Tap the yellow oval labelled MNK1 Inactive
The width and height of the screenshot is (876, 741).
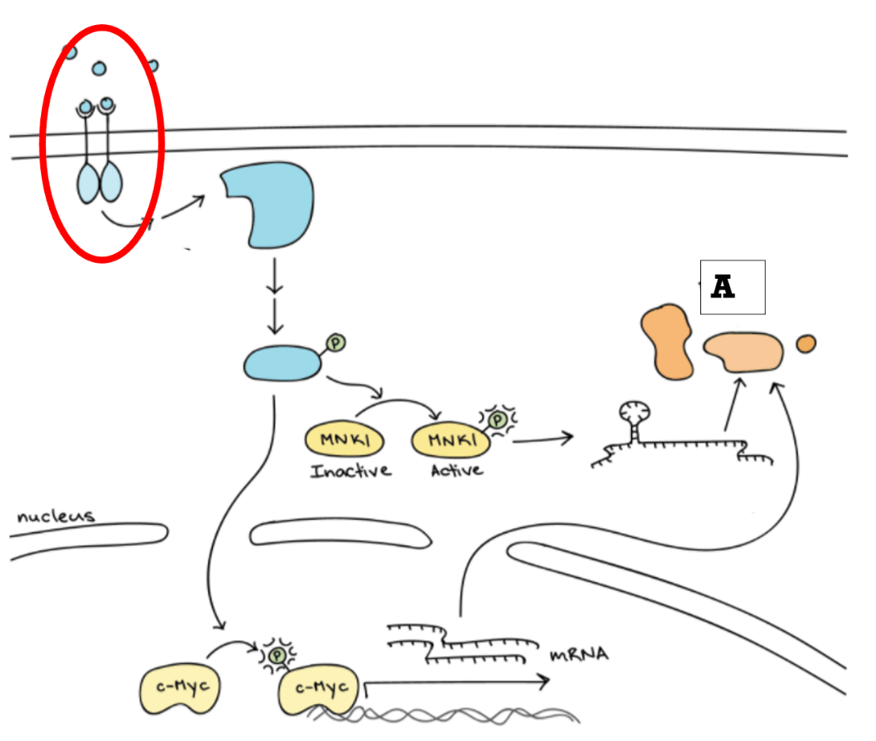coord(344,439)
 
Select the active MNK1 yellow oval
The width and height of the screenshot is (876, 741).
coord(450,439)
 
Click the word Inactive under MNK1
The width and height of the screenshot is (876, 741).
coord(351,471)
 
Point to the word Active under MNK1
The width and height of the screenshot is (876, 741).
coord(457,471)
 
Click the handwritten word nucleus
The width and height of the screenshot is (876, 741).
coord(56,516)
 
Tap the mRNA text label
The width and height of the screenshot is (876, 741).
coord(579,655)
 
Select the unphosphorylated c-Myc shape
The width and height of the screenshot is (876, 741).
coord(180,689)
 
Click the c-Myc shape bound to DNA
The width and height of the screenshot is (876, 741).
coord(319,690)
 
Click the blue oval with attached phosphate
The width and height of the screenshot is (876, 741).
coord(283,363)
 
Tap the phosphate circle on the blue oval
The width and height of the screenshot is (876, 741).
coord(336,343)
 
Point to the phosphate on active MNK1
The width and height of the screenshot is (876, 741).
coord(496,419)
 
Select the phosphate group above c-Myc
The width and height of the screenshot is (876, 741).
coord(277,655)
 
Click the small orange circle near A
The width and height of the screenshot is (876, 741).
coord(806,343)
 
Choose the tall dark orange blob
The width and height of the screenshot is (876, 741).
coord(667,342)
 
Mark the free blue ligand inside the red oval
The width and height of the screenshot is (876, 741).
coord(99,69)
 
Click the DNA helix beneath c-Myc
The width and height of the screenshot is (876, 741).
coord(442,715)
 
